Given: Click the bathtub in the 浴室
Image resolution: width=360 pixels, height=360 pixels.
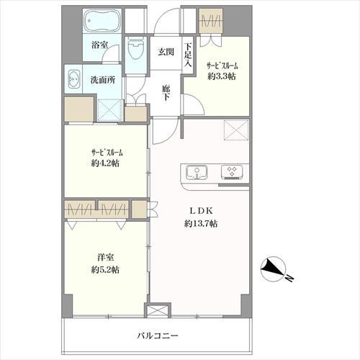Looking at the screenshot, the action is pyautogui.click(x=102, y=21).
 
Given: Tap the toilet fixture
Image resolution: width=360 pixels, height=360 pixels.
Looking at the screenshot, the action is pyautogui.click(x=135, y=48).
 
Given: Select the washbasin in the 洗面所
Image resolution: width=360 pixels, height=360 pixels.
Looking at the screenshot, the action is pyautogui.click(x=74, y=79).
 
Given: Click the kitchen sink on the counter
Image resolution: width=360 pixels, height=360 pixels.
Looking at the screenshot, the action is pyautogui.click(x=197, y=172).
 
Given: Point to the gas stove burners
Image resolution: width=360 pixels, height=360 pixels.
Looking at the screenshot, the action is pyautogui.click(x=232, y=172).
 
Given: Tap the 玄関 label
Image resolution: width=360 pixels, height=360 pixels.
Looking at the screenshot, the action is pyautogui.click(x=166, y=52).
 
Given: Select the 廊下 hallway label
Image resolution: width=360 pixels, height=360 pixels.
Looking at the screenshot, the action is pyautogui.click(x=166, y=93).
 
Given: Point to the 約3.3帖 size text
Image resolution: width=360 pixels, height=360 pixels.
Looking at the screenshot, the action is pyautogui.click(x=222, y=76).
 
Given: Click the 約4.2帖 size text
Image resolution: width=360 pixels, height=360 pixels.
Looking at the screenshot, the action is pyautogui.click(x=105, y=163).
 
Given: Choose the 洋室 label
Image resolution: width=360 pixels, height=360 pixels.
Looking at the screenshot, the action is pyautogui.click(x=105, y=258).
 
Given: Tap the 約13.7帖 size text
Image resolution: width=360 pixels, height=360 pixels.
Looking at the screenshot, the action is pyautogui.click(x=201, y=224).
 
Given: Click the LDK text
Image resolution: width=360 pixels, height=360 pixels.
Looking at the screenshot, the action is pyautogui.click(x=201, y=211).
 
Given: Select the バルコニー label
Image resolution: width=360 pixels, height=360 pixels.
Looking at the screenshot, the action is pyautogui.click(x=158, y=336).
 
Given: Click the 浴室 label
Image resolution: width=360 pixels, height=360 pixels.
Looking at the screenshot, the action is pyautogui.click(x=99, y=45).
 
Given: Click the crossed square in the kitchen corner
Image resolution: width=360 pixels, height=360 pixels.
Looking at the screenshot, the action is pyautogui.click(x=236, y=130).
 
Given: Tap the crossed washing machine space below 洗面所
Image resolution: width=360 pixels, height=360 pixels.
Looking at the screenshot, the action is pyautogui.click(x=110, y=110).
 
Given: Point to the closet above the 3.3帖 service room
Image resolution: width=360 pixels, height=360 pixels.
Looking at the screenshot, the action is pyautogui.click(x=210, y=21).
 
